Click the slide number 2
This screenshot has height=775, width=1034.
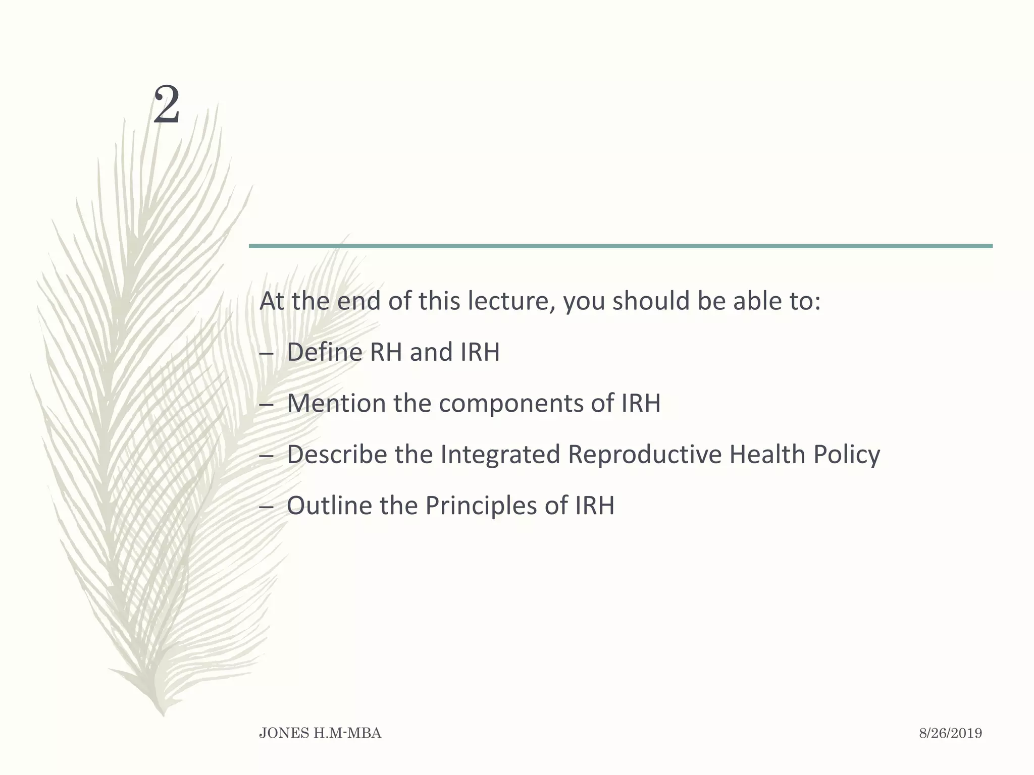pyautogui.click(x=167, y=104)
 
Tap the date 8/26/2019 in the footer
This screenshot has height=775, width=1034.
pyautogui.click(x=950, y=733)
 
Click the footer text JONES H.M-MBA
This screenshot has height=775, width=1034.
pyautogui.click(x=320, y=733)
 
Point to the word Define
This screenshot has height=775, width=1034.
pyautogui.click(x=325, y=352)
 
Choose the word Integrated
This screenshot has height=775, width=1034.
pyautogui.click(x=500, y=455)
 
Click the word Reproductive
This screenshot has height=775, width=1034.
pyautogui.click(x=645, y=455)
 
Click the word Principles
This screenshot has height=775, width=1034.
pyautogui.click(x=481, y=506)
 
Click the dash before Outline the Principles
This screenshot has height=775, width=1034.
pyautogui.click(x=266, y=507)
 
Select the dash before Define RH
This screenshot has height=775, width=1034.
pyautogui.click(x=266, y=354)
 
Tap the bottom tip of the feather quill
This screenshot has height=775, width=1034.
pyautogui.click(x=163, y=714)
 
